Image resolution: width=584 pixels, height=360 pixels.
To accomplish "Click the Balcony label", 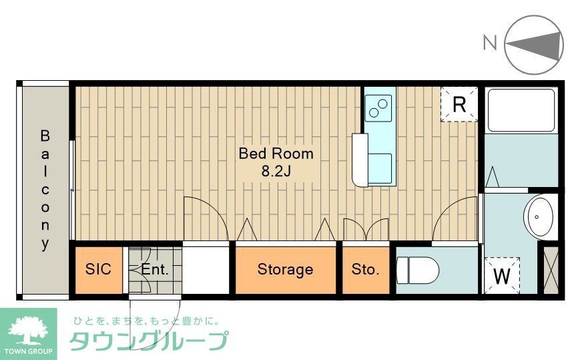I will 45,190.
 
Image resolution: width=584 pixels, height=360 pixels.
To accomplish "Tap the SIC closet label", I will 97,270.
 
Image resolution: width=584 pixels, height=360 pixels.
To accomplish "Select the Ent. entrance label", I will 155,270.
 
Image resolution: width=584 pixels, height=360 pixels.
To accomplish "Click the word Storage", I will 285,270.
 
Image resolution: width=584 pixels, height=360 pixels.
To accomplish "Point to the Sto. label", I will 365,270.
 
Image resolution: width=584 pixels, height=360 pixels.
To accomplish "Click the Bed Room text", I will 276,154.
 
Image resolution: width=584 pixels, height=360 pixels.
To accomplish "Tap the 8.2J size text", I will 276,171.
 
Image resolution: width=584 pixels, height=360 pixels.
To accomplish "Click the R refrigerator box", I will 459,104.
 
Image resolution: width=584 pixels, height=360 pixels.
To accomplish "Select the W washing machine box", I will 501,275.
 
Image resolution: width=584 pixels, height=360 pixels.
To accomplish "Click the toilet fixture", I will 418,271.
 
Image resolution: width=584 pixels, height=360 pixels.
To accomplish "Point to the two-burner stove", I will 380,106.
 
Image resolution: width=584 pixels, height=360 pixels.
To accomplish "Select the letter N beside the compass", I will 490,43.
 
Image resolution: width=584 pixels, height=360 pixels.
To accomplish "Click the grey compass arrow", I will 534,44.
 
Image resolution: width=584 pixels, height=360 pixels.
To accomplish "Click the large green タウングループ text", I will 148,341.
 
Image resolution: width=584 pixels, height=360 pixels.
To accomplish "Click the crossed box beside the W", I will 551,271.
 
